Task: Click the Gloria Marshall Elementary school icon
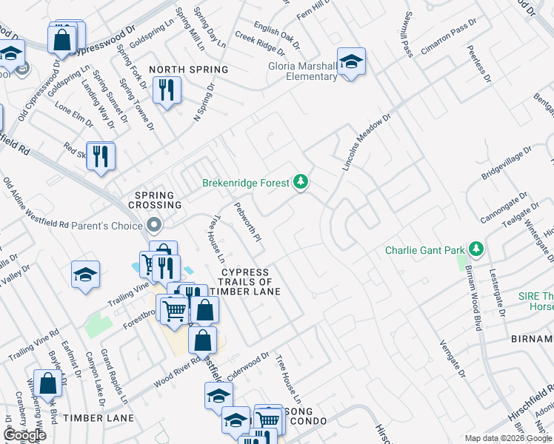point(351,61)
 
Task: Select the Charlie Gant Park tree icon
point(478,249)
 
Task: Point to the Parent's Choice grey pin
point(154,223)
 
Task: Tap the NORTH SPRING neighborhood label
point(188,70)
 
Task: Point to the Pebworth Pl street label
point(248,223)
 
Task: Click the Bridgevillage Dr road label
point(502,164)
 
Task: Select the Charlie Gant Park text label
point(424,250)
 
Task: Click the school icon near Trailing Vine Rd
point(86,275)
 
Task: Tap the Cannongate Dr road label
point(504,209)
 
